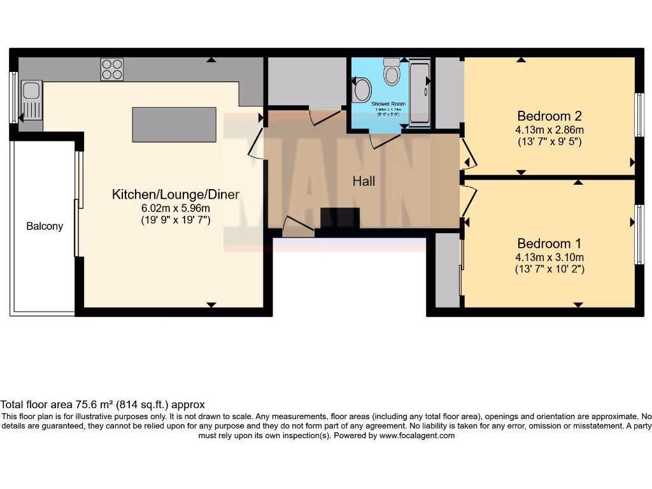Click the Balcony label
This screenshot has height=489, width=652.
point(45,226)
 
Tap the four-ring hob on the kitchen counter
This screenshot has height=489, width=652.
point(111,69)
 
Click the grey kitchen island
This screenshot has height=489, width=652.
point(174,124)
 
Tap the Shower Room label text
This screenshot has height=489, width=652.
point(388,103)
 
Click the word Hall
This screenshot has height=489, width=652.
point(364,181)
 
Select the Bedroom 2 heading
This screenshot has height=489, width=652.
point(549,116)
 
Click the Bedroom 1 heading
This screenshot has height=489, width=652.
point(549,243)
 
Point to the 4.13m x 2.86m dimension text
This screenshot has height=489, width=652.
point(549,129)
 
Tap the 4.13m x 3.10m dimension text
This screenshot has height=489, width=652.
point(549,257)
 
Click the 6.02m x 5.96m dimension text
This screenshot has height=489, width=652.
point(175,208)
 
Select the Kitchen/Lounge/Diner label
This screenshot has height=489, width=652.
point(175,194)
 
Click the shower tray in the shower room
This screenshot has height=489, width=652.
point(420,92)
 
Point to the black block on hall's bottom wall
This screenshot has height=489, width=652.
point(340,218)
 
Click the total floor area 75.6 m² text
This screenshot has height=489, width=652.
point(102,404)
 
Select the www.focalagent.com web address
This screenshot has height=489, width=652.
point(417,436)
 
